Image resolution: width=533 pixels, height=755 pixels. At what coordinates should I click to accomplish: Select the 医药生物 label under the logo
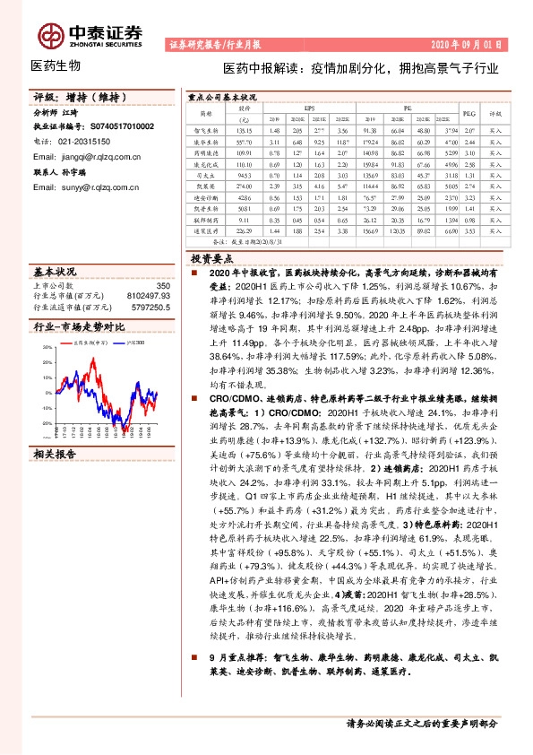tap(56, 65)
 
